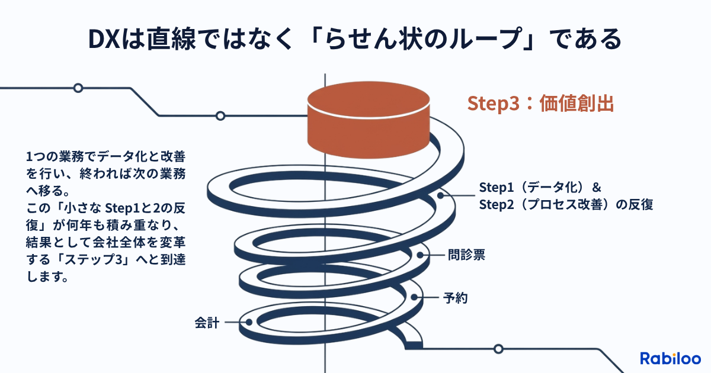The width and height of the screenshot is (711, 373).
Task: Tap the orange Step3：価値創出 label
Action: [x=540, y=103]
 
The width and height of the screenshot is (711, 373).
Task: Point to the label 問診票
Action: [x=466, y=256]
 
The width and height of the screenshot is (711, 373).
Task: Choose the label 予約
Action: [x=456, y=297]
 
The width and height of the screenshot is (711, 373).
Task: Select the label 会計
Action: [x=207, y=323]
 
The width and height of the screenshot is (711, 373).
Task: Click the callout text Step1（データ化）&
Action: [x=540, y=188]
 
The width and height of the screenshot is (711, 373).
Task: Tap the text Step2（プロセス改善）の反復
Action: [x=565, y=205]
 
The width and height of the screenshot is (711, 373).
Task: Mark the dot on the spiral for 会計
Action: [x=249, y=323]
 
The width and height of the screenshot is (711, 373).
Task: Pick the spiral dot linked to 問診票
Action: [x=421, y=256]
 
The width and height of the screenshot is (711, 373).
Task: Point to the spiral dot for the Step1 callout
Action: [x=441, y=195]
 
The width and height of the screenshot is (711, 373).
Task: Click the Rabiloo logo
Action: [x=670, y=358]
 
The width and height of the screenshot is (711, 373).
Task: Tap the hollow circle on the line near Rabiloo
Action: [x=498, y=349]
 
